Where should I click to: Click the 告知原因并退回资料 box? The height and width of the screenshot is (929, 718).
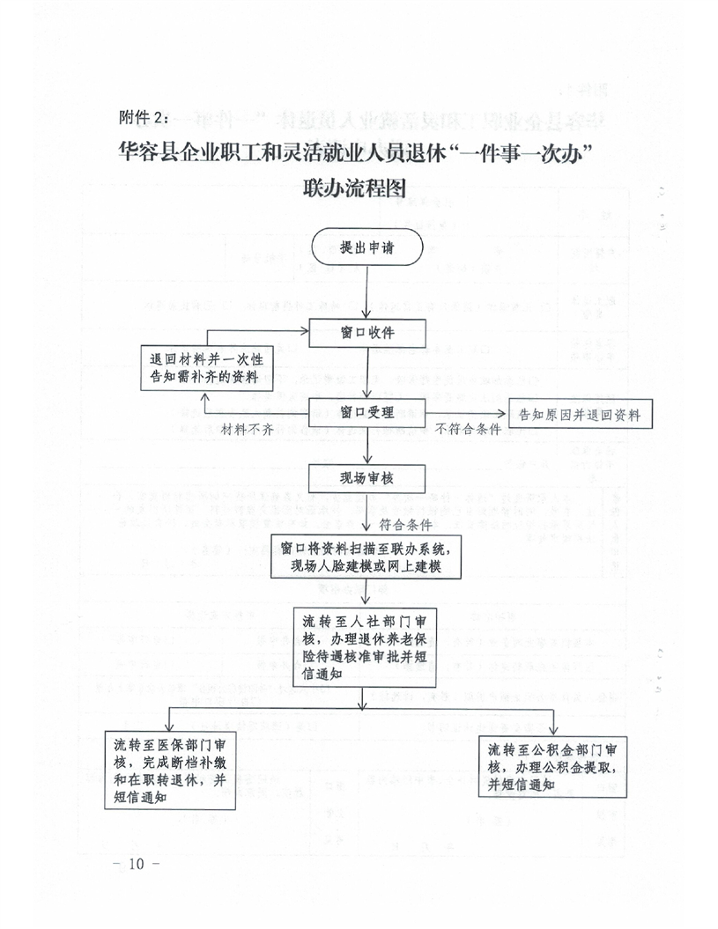click(581, 412)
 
